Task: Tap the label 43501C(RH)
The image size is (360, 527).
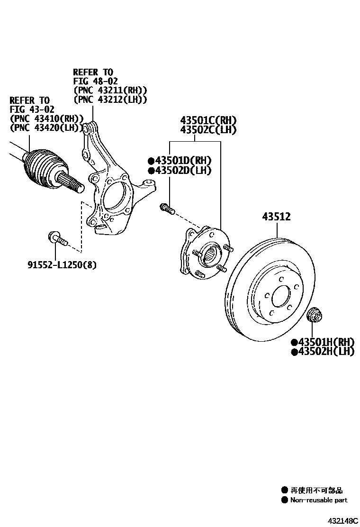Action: [x=207, y=120]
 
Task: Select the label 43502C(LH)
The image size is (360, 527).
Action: [x=207, y=130]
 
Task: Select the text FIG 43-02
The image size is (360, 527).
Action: [x=29, y=109]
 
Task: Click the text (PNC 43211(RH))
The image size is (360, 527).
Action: [x=110, y=90]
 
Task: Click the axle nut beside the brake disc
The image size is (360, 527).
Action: [x=313, y=315]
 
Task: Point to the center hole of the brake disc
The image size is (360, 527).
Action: [x=280, y=298]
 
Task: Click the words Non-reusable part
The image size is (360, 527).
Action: [x=318, y=500]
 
